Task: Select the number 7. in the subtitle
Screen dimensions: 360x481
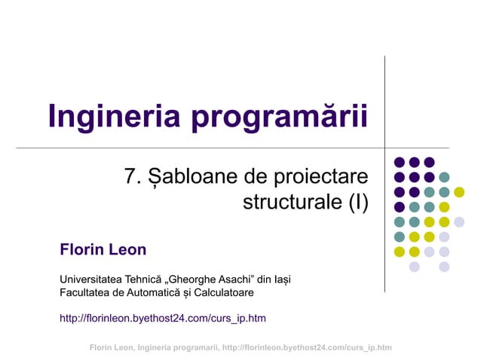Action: (133, 178)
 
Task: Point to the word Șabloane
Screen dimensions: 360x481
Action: (191, 178)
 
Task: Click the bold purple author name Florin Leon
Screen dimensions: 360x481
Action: (103, 249)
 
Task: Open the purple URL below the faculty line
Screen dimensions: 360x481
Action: (162, 319)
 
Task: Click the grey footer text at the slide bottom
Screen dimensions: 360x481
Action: (240, 347)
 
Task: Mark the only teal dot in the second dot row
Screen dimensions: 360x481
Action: (444, 177)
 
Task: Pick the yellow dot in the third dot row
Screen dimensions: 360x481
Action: (459, 192)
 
